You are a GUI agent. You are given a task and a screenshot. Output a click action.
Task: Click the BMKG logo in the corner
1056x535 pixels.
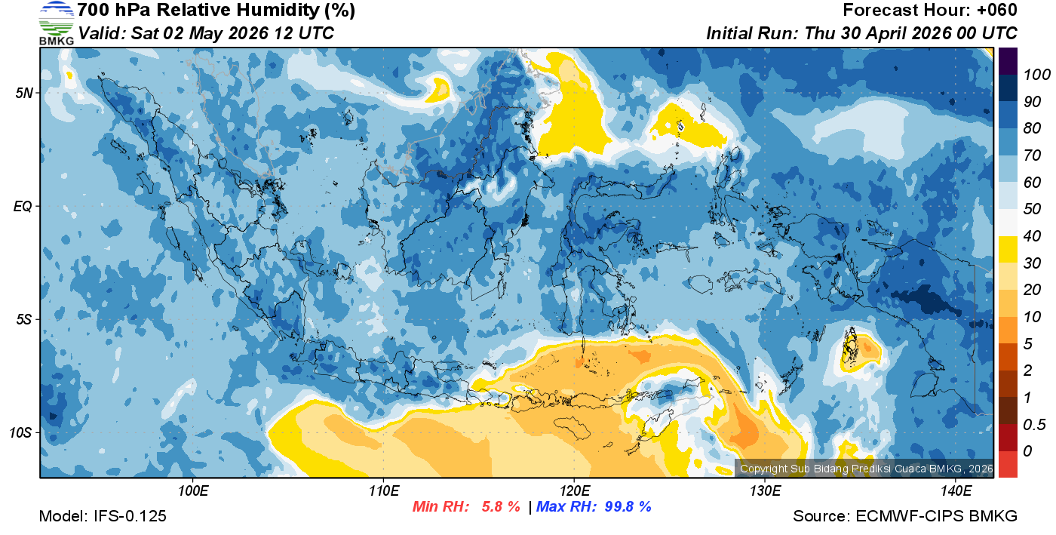pyautogui.click(x=56, y=23)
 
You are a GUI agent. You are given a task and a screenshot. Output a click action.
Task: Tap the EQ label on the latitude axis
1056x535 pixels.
pyautogui.click(x=23, y=206)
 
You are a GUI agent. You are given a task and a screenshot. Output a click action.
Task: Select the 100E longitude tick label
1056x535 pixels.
pyautogui.click(x=193, y=491)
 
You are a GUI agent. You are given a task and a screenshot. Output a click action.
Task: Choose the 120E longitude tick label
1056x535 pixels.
pyautogui.click(x=574, y=491)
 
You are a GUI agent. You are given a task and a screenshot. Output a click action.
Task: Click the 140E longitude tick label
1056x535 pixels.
pyautogui.click(x=956, y=491)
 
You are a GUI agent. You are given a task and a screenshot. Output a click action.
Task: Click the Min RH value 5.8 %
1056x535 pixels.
pyautogui.click(x=501, y=507)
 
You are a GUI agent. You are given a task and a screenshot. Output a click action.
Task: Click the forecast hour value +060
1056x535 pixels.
pyautogui.click(x=997, y=10)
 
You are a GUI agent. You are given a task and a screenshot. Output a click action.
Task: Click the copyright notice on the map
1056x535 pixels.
pyautogui.click(x=866, y=469)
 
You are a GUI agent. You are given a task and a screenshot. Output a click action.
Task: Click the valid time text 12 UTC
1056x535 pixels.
pyautogui.click(x=300, y=33)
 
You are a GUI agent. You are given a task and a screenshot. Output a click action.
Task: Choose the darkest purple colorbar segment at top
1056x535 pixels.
pyautogui.click(x=1008, y=60)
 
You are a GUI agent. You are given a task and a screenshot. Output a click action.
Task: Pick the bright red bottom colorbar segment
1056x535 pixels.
pyautogui.click(x=1008, y=464)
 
